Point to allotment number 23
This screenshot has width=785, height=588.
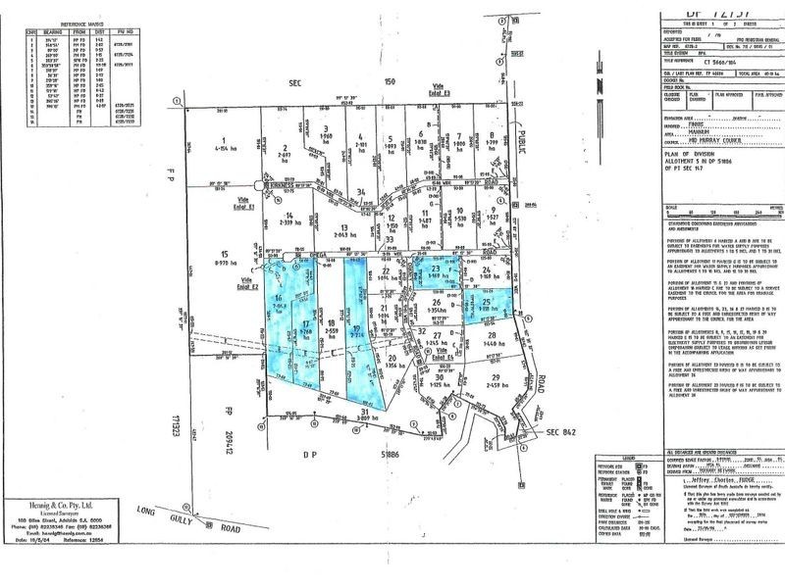click(x=436, y=267)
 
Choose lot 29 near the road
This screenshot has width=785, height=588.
click(x=496, y=377)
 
